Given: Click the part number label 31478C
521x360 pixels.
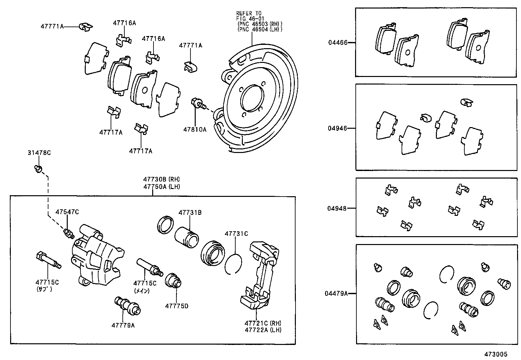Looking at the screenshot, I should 39,153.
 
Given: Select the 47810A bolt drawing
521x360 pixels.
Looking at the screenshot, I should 198,104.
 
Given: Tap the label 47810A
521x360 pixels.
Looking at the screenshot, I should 195,129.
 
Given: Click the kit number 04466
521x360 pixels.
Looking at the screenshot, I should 338,42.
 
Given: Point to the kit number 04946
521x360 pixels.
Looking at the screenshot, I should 338,128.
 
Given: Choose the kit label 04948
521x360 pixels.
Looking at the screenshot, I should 337,208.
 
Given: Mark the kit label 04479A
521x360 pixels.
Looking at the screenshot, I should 336,294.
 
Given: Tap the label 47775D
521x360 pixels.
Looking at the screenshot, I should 177,306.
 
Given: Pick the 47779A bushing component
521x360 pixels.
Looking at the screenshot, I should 127,305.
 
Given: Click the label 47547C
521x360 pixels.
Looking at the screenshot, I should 67,212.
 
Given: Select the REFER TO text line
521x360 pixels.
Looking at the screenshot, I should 249,13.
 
